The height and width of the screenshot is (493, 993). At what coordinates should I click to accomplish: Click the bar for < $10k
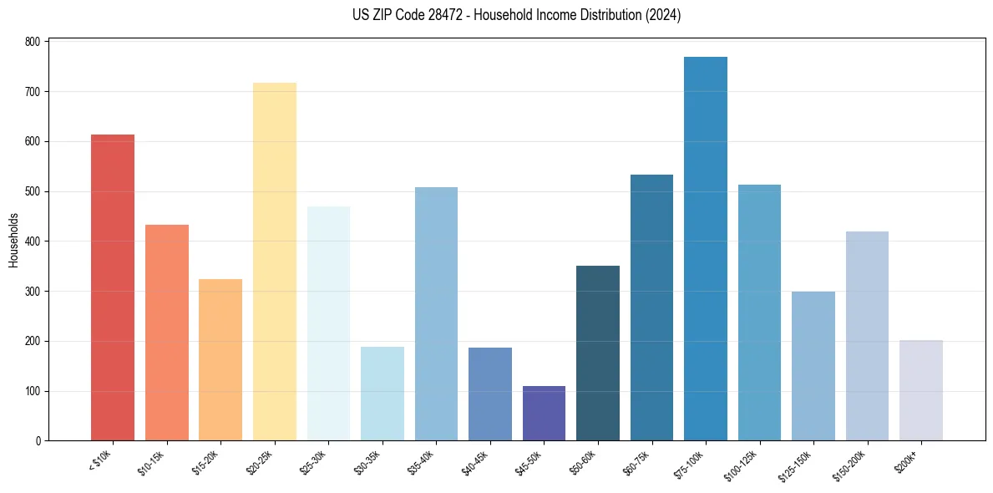tap(113, 287)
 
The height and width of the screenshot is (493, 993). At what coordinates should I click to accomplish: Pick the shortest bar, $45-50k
tap(544, 414)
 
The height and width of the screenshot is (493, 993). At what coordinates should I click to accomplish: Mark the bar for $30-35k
tap(383, 394)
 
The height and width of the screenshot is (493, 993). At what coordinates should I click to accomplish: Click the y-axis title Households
tap(14, 241)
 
